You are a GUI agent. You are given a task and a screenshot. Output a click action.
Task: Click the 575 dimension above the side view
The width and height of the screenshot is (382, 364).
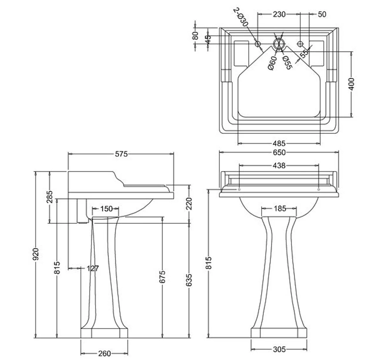121,154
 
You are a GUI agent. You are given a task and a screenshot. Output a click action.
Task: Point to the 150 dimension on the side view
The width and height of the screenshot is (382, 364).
106,209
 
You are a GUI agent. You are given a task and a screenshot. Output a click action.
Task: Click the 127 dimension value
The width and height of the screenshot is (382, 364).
93,268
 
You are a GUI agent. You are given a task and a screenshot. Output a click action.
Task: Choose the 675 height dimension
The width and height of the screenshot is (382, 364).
162,277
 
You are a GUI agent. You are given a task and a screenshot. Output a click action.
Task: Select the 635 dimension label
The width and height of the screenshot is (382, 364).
189,280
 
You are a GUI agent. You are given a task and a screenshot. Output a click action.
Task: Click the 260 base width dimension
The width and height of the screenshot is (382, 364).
104,353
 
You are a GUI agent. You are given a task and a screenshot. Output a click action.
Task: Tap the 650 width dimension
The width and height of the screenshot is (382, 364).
279,152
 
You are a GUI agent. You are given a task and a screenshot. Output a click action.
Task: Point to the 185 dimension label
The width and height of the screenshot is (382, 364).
279,209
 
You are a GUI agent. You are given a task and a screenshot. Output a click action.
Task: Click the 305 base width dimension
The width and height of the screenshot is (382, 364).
279,349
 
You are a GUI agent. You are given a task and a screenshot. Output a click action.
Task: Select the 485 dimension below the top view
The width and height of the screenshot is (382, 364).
279,144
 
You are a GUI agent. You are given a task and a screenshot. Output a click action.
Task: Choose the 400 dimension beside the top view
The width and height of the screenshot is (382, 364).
351,84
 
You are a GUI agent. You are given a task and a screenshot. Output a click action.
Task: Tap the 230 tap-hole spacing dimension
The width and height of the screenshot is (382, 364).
279,14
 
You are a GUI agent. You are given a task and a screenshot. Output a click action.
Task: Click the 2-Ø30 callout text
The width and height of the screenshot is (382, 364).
241,17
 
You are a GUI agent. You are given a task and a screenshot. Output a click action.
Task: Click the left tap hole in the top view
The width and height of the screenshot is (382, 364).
258,43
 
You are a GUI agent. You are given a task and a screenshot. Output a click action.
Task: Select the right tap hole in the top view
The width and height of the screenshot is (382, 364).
300,43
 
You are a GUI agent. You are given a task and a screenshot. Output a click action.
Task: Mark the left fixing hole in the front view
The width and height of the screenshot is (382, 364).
239,189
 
